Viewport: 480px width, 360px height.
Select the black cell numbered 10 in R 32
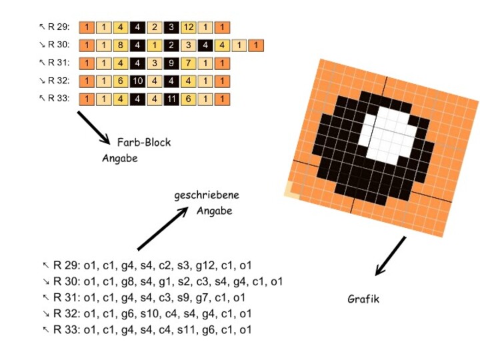point(137,81)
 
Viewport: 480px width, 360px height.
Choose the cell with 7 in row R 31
point(189,64)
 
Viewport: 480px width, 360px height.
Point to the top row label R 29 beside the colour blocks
point(57,28)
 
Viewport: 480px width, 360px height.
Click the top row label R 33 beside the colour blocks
point(57,99)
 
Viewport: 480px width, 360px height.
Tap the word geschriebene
point(206,196)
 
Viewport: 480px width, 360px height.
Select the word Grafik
point(363,299)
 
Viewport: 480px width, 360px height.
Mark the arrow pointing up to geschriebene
point(162,228)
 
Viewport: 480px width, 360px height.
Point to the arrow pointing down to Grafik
point(390,256)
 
